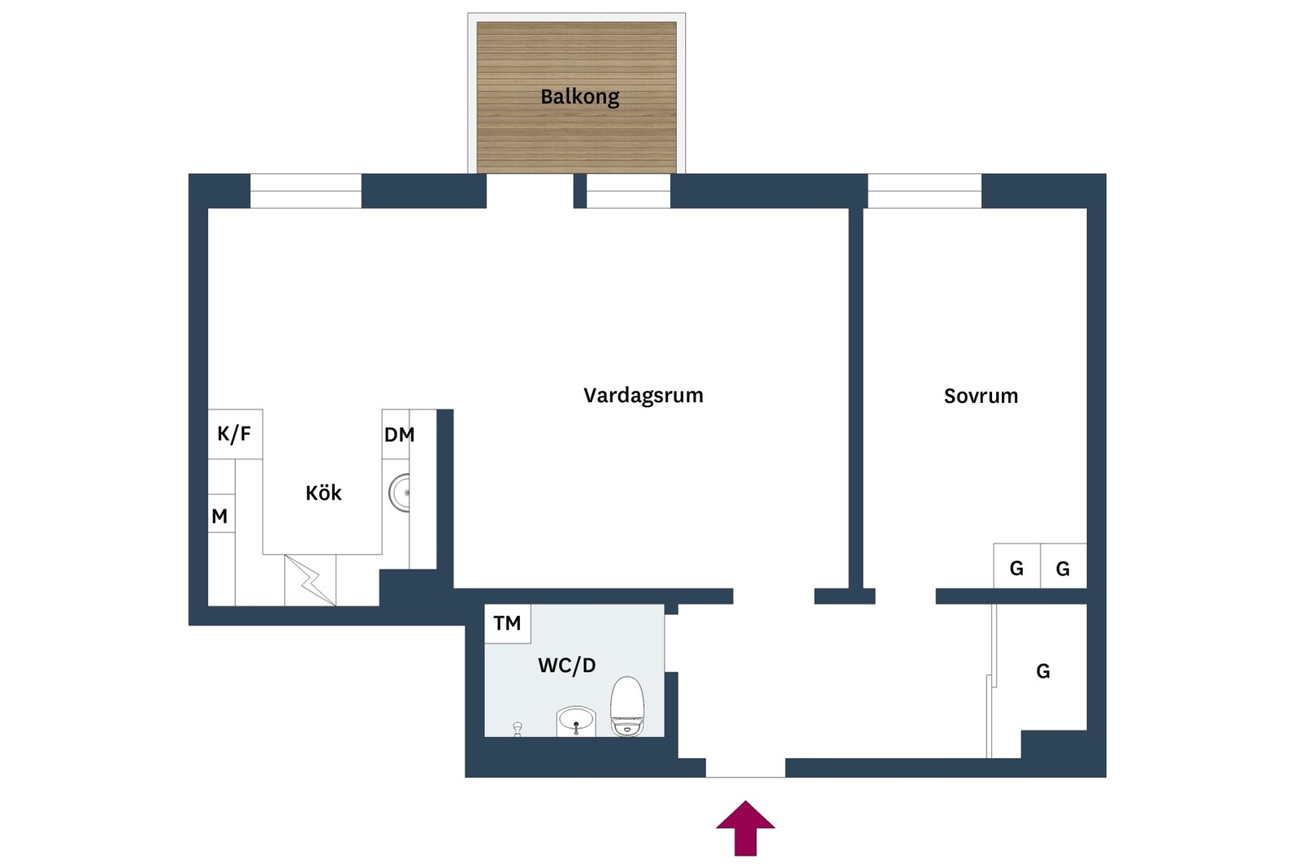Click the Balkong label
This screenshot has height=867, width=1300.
tap(579, 97)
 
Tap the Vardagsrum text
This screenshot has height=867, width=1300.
tap(643, 396)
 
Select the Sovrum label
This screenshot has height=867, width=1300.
tap(980, 396)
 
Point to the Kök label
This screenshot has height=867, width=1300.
tap(323, 492)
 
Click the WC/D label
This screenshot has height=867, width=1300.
tap(566, 665)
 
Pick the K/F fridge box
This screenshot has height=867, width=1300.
tap(235, 434)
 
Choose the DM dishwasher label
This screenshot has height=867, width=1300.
tap(399, 435)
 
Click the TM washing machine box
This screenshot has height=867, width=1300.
tap(507, 623)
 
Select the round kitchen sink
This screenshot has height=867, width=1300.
tap(399, 493)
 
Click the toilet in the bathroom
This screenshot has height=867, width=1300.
tap(626, 707)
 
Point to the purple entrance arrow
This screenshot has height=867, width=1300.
tap(745, 827)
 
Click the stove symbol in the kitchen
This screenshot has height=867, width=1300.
tap(310, 579)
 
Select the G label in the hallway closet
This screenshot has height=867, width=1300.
tap(1042, 671)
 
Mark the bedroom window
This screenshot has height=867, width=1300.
tap(924, 191)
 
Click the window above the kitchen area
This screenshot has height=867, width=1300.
tap(305, 191)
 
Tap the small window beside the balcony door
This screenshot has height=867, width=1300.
tap(628, 192)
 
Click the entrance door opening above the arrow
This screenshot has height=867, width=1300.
tap(745, 767)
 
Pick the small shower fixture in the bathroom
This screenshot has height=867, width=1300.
tap(518, 729)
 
